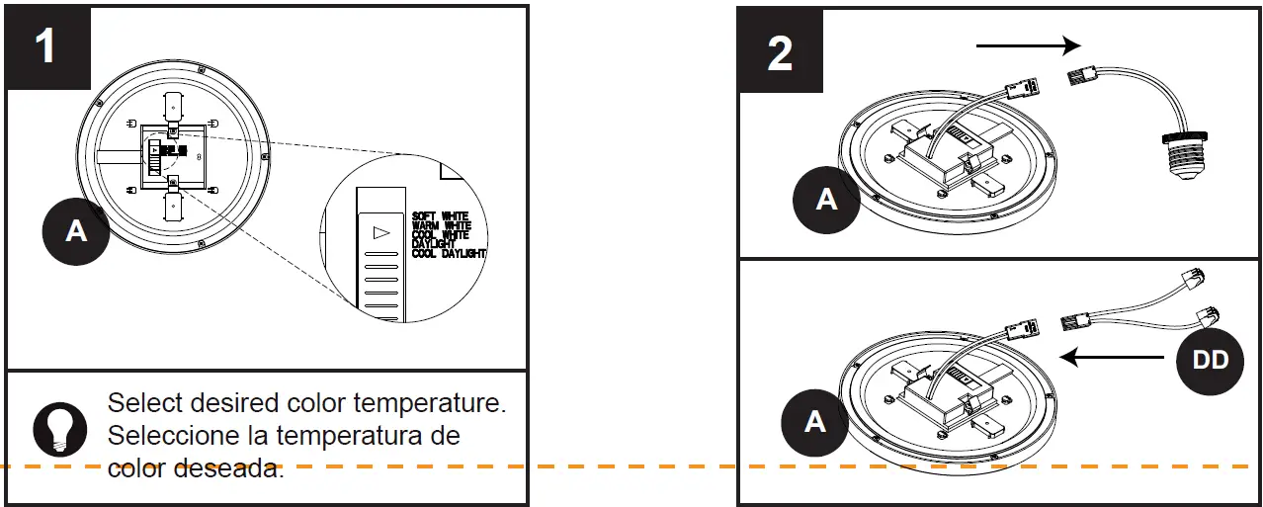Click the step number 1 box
pyautogui.click(x=46, y=46)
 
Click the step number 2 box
pyautogui.click(x=780, y=51)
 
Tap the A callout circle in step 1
pyautogui.click(x=76, y=230)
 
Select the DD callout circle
pyautogui.click(x=1211, y=360)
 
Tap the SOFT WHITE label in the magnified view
pyautogui.click(x=440, y=215)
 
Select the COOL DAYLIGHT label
pyautogui.click(x=449, y=254)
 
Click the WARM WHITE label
pyautogui.click(x=441, y=225)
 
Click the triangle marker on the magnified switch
pyautogui.click(x=379, y=233)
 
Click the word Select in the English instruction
pyautogui.click(x=139, y=403)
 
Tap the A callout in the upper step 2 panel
pyautogui.click(x=826, y=200)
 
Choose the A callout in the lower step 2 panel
pyautogui.click(x=814, y=421)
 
